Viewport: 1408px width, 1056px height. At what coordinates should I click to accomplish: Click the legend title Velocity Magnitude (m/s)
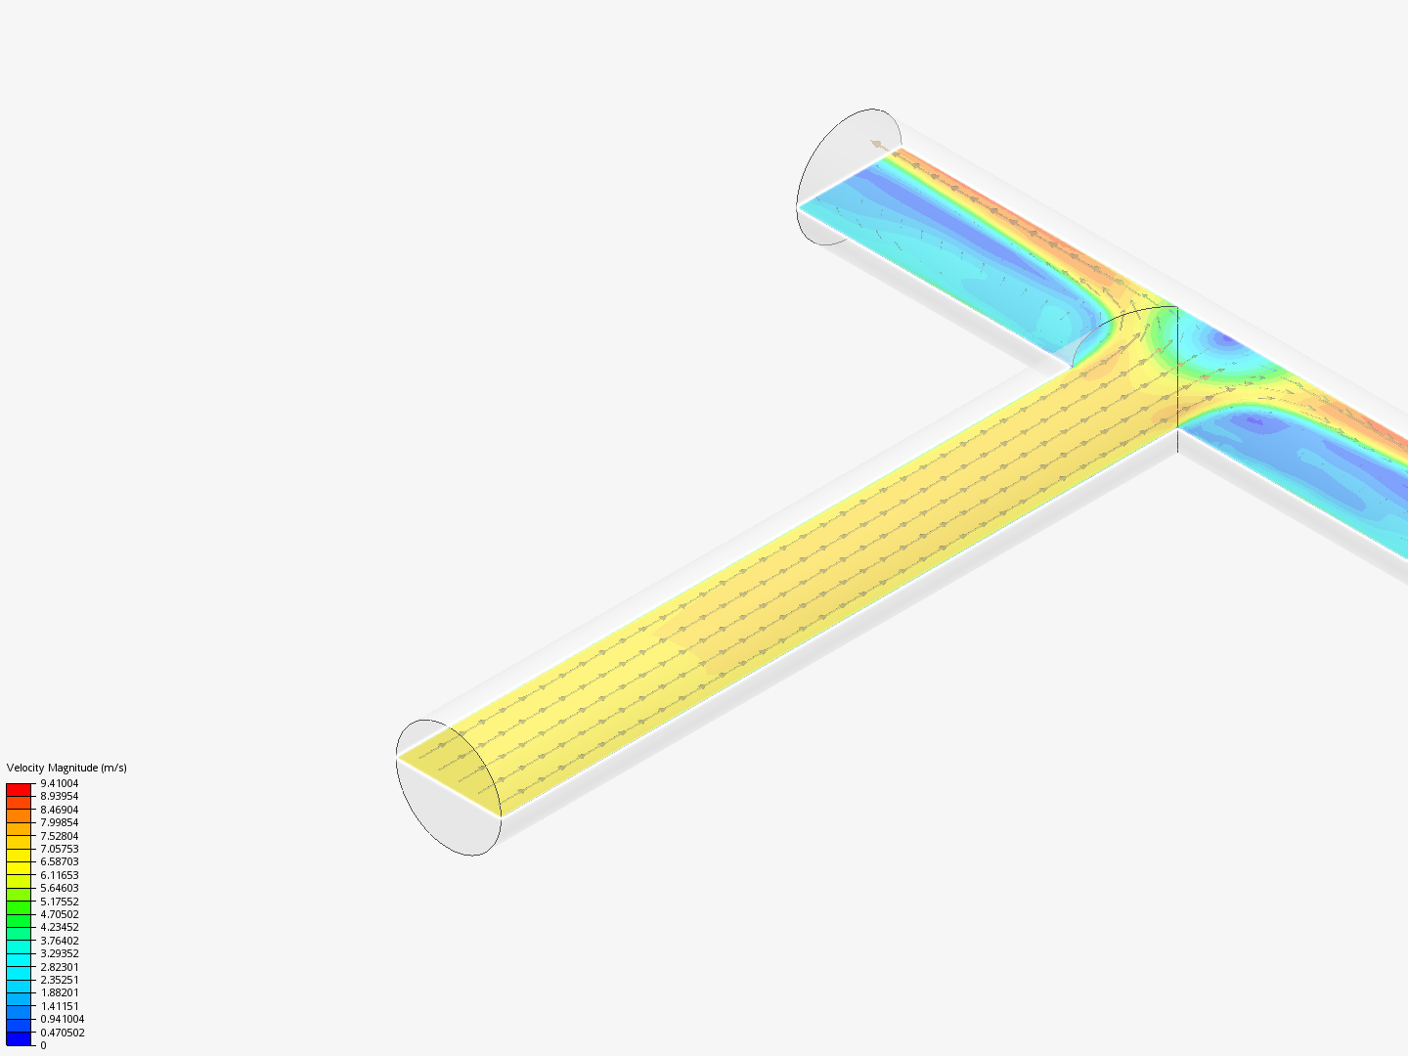coord(66,768)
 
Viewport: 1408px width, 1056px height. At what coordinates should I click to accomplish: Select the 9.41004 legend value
coord(59,783)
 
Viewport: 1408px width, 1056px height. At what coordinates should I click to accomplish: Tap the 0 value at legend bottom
coord(43,1045)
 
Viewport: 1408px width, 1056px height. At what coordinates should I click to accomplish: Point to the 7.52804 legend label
coord(59,836)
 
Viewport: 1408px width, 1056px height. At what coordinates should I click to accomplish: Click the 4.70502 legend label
coord(59,914)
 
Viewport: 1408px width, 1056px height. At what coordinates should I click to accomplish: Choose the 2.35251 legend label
coord(59,980)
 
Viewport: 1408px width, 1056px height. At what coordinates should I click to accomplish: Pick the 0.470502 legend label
coord(62,1033)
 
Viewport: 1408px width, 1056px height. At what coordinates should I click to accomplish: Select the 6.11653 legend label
coord(59,875)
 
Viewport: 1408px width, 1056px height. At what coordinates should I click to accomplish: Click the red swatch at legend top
coord(19,789)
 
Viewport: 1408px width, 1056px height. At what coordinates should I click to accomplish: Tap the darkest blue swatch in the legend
coord(19,1038)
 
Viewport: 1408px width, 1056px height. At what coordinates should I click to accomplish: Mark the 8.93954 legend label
coord(59,796)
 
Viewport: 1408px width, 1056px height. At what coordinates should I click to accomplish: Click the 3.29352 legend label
coord(59,953)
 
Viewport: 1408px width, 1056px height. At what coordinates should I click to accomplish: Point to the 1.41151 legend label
coord(59,1006)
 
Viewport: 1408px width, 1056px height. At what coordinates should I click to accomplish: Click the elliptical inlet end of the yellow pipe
coord(448,787)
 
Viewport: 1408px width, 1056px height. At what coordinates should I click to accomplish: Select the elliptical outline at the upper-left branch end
coord(847,176)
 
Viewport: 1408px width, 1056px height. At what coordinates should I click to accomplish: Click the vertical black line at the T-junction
coord(1177,381)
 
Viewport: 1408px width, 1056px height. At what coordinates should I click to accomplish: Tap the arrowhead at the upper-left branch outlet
coord(877,145)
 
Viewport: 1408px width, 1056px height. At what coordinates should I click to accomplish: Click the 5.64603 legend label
coord(59,888)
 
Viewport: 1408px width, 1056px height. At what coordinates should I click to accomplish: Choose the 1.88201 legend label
coord(59,992)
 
